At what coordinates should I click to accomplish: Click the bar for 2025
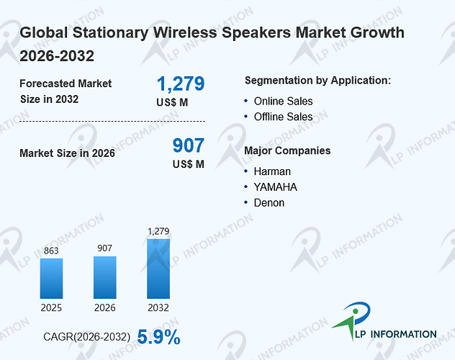tap(51, 279)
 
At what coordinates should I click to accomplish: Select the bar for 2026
tap(105, 277)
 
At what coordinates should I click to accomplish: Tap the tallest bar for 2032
tap(158, 269)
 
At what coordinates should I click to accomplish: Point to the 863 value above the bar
tap(51, 251)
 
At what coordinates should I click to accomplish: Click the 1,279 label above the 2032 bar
tap(158, 231)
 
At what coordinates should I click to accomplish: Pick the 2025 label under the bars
tap(51, 307)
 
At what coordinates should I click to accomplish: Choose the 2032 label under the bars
tap(158, 307)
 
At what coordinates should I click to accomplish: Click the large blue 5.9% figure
tap(158, 337)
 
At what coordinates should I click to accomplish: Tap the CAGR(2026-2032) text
tap(87, 337)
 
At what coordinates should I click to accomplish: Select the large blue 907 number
tap(189, 145)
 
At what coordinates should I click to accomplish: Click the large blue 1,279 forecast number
tap(181, 84)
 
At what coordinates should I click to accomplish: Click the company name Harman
tap(272, 171)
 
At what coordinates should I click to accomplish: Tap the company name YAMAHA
tap(276, 187)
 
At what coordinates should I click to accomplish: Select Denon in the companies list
tap(269, 203)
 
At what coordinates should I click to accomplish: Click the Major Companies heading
tap(287, 150)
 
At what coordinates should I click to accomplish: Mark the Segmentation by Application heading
tap(317, 81)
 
